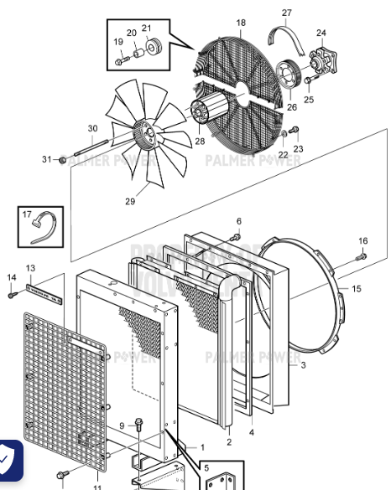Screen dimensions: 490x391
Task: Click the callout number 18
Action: (241, 23)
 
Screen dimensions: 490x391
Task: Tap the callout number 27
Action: (287, 13)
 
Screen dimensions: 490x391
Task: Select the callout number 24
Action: (321, 34)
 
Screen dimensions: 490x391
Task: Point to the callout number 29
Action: (130, 201)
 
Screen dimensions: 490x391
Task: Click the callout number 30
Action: (92, 128)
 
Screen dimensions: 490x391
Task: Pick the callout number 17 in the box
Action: (27, 214)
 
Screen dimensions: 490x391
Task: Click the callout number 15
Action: (356, 289)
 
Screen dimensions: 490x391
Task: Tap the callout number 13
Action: (30, 268)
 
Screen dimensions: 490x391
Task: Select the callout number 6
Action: (238, 221)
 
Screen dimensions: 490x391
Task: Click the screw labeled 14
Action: (12, 294)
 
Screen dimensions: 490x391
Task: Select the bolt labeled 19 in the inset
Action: (121, 59)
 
